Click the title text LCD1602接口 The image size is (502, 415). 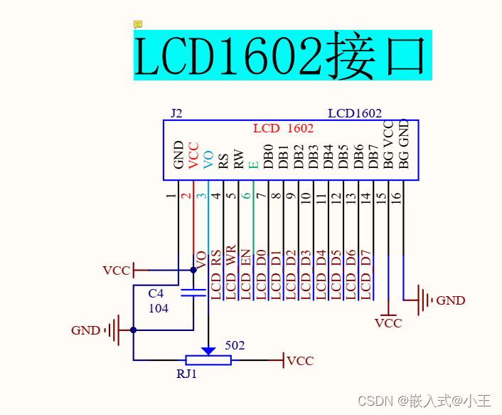[x=282, y=56]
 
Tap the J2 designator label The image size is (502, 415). [x=176, y=113]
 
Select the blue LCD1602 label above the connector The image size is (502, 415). [x=355, y=113]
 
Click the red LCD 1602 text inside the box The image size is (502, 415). [x=283, y=129]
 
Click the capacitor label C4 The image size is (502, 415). [x=156, y=294]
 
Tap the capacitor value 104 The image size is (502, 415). [x=159, y=308]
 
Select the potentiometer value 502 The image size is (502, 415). [x=235, y=346]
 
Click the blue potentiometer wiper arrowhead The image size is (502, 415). [x=208, y=350]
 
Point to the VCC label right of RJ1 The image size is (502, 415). [x=300, y=361]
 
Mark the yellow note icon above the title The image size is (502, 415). [x=138, y=25]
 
